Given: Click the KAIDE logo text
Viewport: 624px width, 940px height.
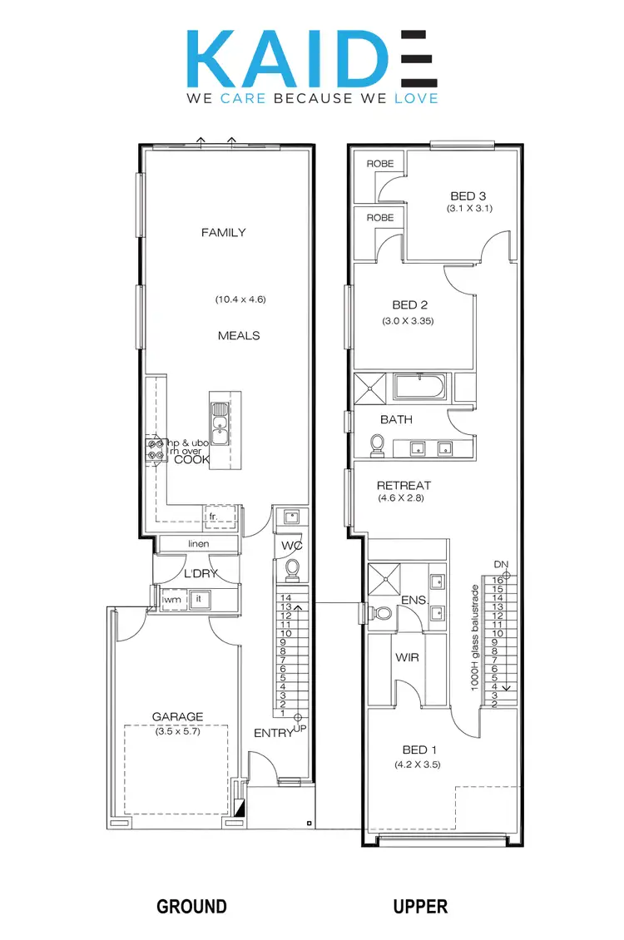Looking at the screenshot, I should (x=311, y=57).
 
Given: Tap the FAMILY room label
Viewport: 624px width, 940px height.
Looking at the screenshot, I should (x=223, y=233).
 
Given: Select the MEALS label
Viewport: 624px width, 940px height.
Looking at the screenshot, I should (x=239, y=335).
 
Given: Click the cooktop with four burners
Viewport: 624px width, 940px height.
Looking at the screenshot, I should (x=155, y=450).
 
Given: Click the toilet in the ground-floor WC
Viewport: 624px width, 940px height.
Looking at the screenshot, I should (x=291, y=568).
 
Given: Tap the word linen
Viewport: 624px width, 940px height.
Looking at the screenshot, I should (x=198, y=544).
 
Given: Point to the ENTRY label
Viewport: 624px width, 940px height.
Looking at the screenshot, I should (x=274, y=733).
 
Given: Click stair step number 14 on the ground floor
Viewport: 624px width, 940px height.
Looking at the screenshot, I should (x=285, y=597).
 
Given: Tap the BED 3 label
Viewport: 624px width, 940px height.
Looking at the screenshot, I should (x=468, y=196).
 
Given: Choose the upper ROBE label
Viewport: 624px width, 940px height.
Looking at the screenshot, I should (x=379, y=164).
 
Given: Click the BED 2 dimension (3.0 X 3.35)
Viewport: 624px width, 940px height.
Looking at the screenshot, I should (x=408, y=320).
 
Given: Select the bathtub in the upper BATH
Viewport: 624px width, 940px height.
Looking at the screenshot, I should (x=418, y=388).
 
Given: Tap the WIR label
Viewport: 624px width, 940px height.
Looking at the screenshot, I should (x=407, y=657).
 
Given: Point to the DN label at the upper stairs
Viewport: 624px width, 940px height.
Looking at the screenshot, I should (x=499, y=564).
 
